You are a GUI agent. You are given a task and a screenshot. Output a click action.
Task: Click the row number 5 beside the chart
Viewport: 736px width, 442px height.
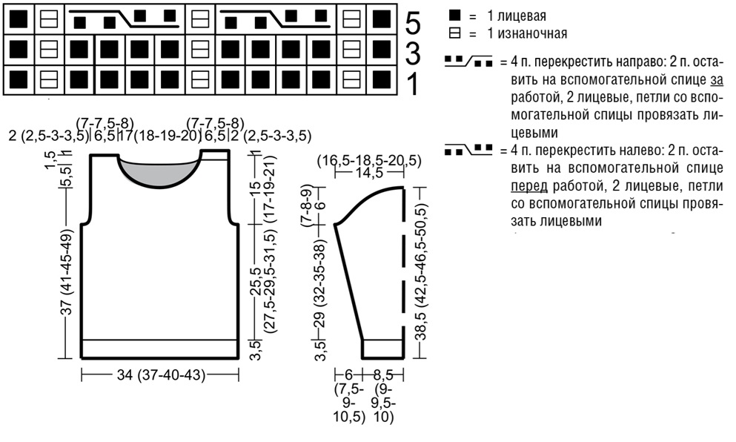tap(413, 24)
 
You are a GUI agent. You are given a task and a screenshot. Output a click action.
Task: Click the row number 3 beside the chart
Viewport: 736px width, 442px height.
tap(413, 54)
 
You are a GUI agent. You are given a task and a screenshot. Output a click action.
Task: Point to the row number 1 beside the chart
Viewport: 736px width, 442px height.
tap(413, 85)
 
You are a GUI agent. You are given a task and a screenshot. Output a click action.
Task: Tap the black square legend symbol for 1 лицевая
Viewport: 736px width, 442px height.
tap(454, 16)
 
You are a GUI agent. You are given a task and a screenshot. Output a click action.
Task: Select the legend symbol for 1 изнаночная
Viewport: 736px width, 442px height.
tap(454, 33)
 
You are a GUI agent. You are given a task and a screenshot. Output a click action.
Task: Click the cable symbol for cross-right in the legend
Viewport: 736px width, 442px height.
tap(468, 61)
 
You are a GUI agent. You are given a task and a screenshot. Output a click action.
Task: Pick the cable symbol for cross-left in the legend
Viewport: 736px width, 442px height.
tap(468, 150)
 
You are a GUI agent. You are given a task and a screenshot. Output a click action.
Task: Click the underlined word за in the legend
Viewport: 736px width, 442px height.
tap(717, 80)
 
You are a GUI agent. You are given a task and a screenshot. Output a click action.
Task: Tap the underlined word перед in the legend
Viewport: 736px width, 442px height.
tap(529, 186)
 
